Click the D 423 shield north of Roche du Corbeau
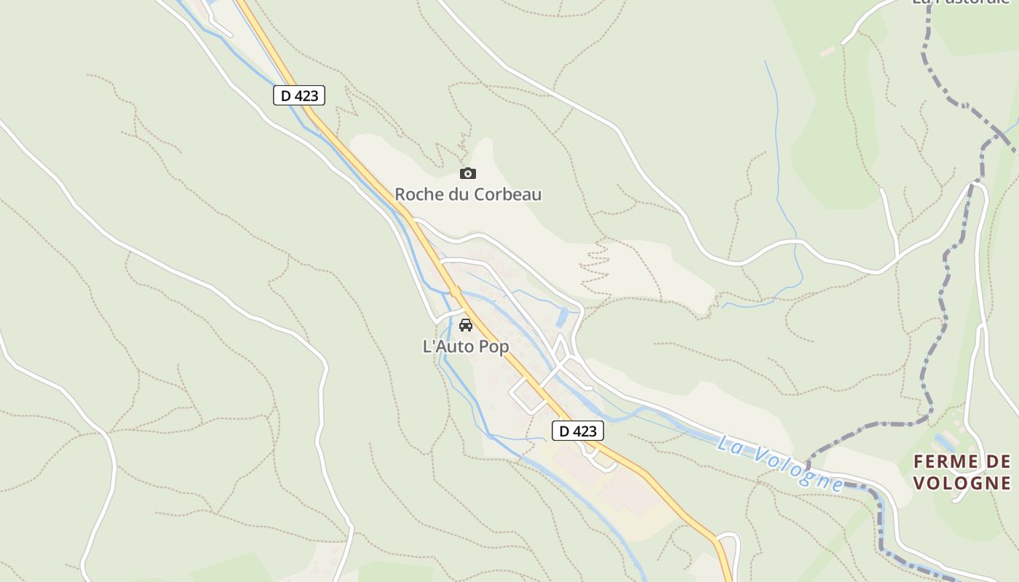tap(299, 95)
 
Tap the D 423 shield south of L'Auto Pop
tap(577, 431)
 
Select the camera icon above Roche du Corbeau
tap(468, 173)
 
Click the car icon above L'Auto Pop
tap(466, 324)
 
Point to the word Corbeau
tap(508, 195)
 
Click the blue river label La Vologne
tap(780, 463)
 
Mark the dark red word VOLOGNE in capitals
tap(961, 483)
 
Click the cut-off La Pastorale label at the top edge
tap(961, 2)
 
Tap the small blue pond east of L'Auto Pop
tap(561, 317)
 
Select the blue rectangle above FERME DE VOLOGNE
tap(945, 441)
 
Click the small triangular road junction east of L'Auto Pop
tap(561, 348)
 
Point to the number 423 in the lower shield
tap(584, 431)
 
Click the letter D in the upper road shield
tap(286, 95)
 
